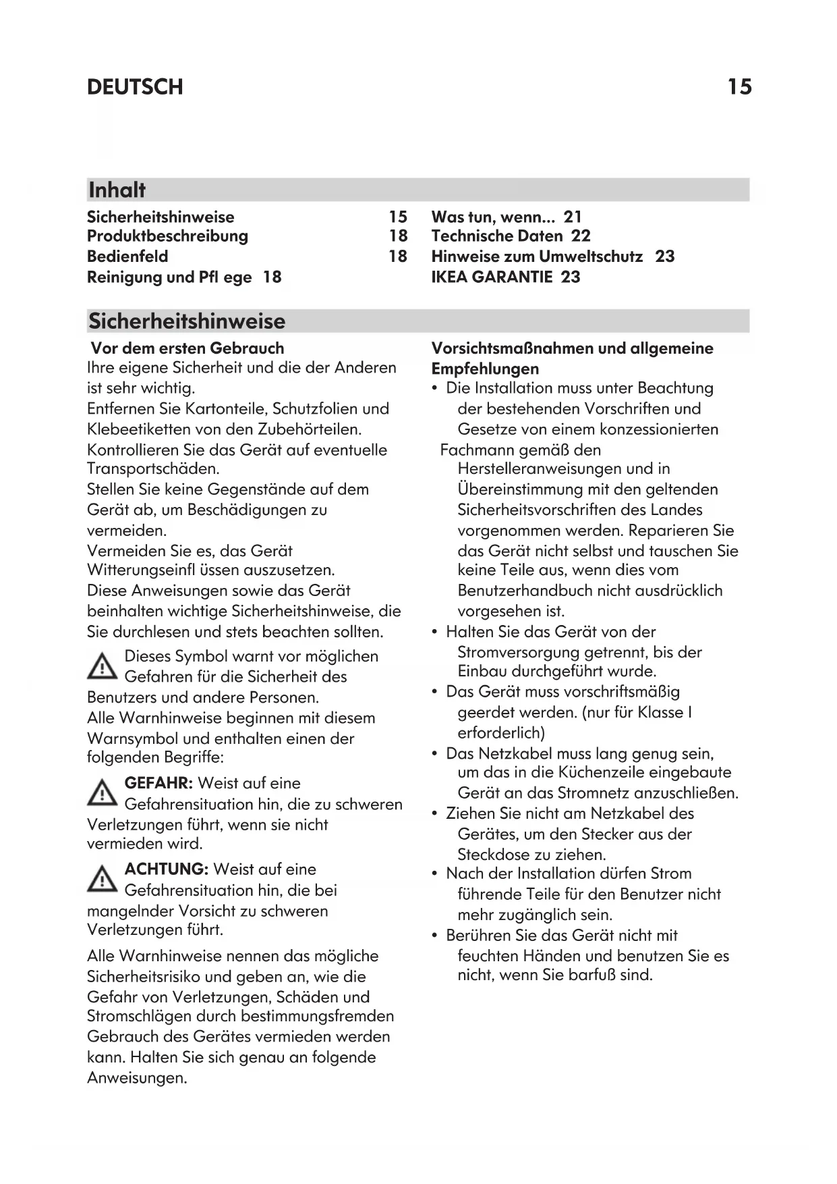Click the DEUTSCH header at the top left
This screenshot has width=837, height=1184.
[135, 87]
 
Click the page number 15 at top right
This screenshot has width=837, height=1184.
[739, 87]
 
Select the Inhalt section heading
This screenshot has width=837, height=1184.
[117, 190]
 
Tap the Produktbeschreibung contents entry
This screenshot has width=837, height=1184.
[167, 236]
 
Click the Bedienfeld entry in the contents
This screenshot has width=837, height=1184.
[127, 257]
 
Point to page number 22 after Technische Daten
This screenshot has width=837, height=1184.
[581, 236]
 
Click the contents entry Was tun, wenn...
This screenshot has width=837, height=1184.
[493, 217]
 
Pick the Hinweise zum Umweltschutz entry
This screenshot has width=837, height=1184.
[537, 257]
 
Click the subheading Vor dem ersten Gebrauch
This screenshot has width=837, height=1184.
[187, 348]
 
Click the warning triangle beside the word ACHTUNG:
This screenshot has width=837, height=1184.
[102, 879]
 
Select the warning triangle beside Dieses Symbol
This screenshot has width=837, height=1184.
[102, 666]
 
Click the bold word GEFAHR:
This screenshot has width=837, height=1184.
[159, 784]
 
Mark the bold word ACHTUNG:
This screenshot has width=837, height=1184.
[167, 869]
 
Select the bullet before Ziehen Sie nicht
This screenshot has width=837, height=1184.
[435, 814]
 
